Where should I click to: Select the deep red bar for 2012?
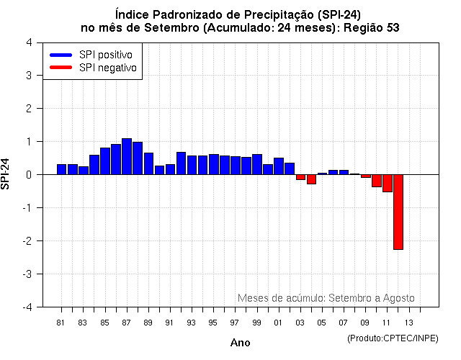point(398,212)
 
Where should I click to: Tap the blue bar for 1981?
point(62,169)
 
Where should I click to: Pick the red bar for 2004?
point(311,179)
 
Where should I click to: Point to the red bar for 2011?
point(387,183)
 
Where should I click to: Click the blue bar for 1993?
point(192,165)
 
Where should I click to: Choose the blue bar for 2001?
point(278,166)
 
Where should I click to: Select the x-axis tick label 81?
point(61,322)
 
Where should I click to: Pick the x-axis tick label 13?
point(408,322)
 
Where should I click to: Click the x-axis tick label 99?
point(256,322)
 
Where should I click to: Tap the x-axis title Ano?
point(240,343)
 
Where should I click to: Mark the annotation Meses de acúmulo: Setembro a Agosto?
point(326,298)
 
